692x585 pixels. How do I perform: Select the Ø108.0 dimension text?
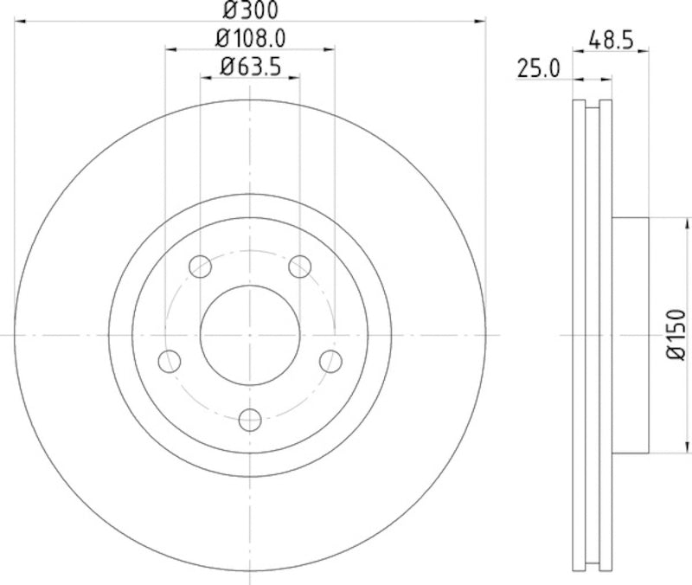250,38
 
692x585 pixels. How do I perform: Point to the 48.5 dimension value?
611,40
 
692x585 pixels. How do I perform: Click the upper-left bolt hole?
200,266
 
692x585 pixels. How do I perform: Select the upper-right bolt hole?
300,266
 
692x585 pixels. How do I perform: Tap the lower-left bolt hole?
170,360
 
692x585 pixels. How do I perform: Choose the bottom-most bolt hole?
250,419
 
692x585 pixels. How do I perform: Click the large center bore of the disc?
250,334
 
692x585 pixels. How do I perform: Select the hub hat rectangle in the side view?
631,334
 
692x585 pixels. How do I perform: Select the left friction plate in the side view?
580,334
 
